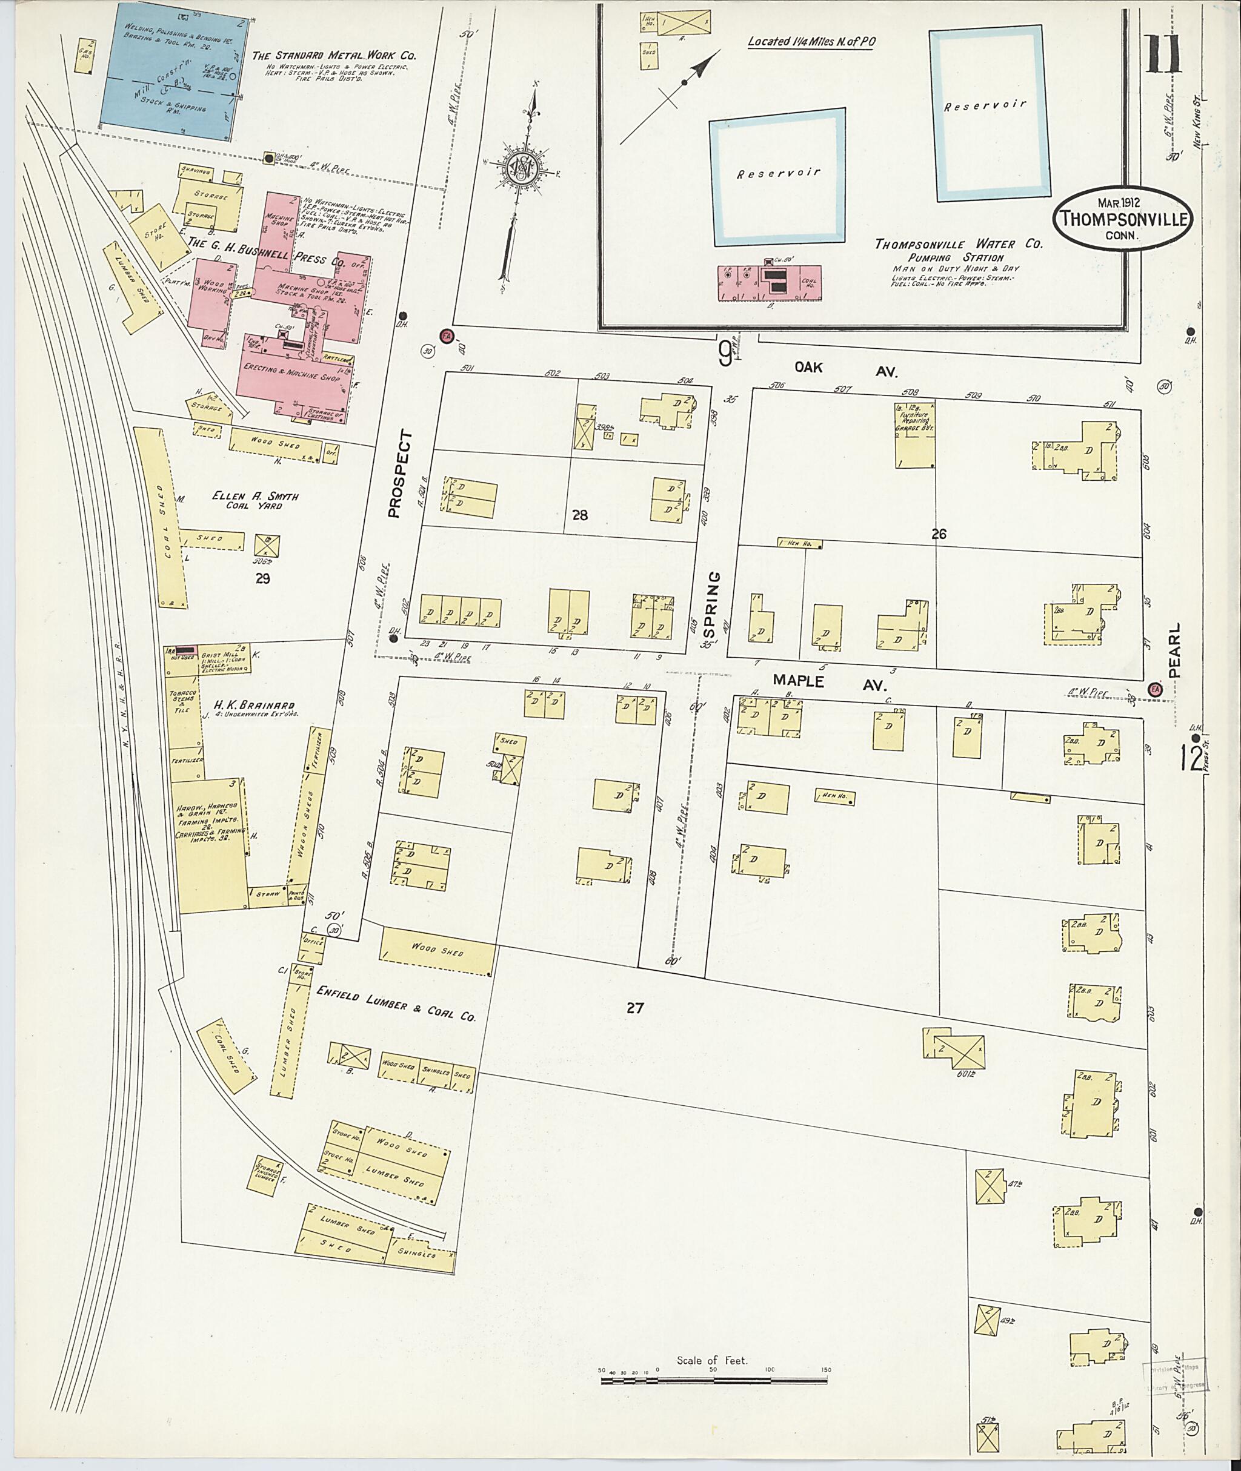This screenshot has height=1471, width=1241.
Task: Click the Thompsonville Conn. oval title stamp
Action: point(1123,218)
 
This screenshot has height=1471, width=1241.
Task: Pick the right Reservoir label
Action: point(985,105)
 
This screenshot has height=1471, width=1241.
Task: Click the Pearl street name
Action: point(1174,650)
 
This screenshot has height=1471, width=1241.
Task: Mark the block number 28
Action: point(580,515)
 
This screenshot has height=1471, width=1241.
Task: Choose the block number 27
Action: point(634,1008)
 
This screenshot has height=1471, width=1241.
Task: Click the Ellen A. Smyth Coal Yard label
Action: point(255,500)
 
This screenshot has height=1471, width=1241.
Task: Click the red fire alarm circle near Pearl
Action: point(1154,690)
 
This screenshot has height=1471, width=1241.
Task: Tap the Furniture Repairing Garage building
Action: point(914,436)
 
